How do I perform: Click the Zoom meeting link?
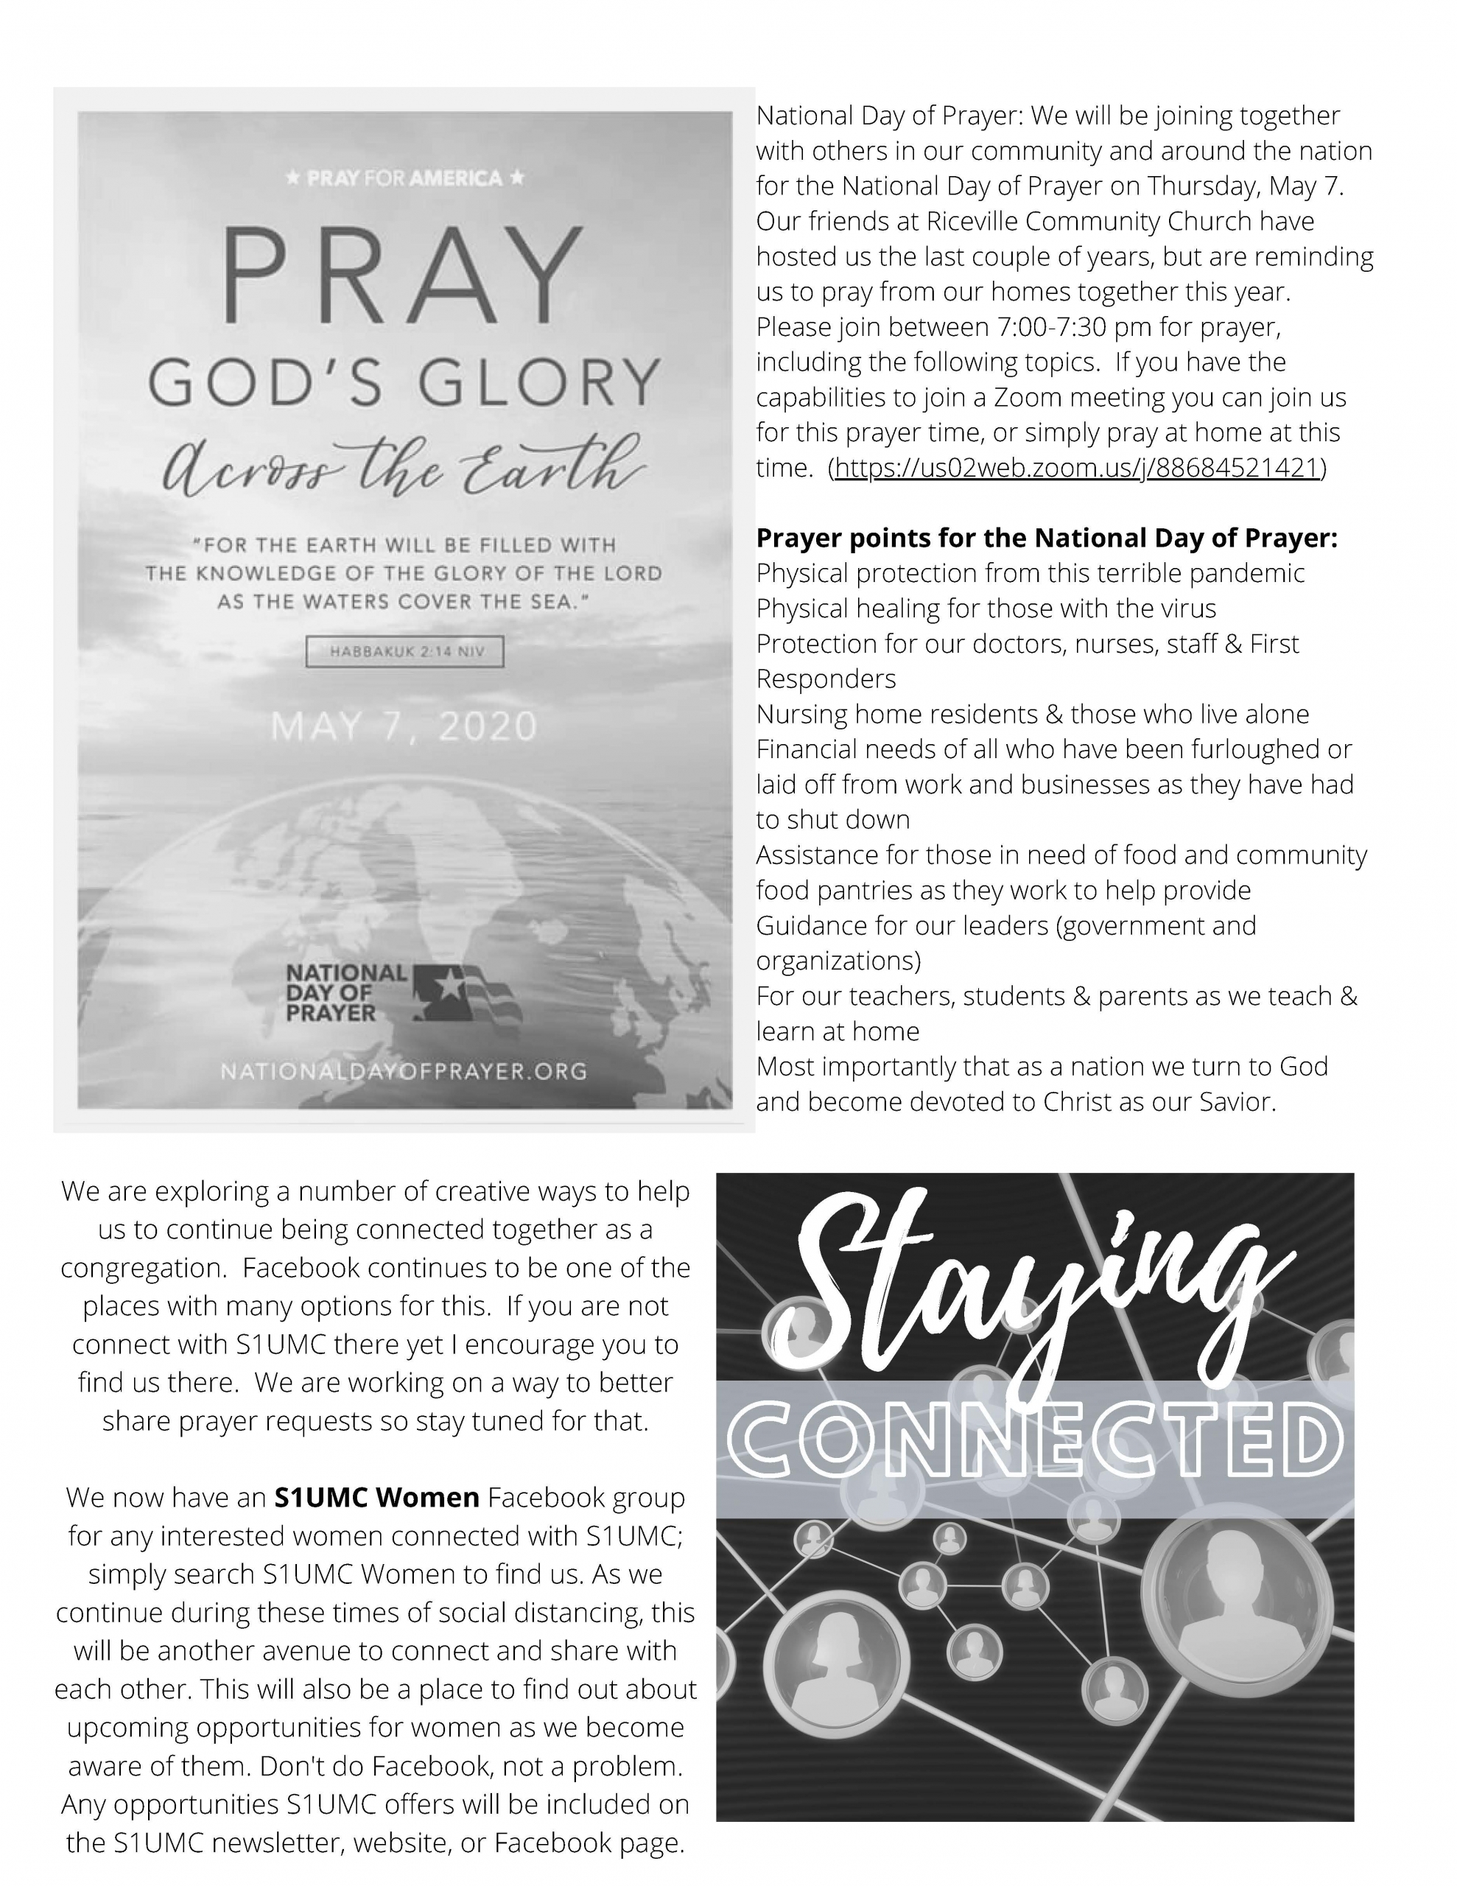[1077, 468]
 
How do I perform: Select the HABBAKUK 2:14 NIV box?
[405, 652]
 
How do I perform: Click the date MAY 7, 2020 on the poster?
[404, 726]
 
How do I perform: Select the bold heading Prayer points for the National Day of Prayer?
[1046, 538]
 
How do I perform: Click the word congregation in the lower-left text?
[142, 1269]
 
